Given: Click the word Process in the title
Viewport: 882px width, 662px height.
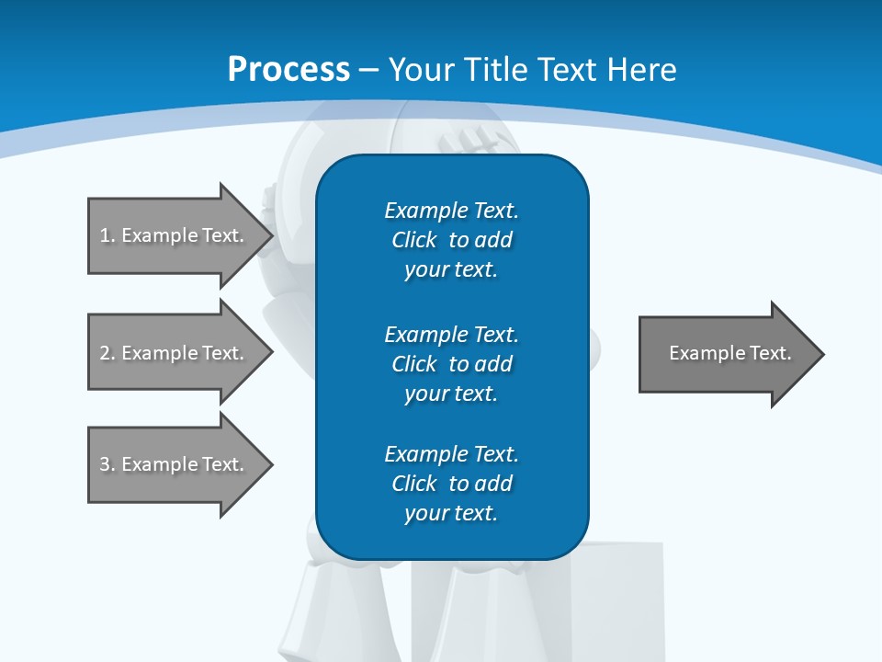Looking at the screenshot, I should click(288, 69).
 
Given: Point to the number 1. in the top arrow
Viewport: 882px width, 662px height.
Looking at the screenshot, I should click(107, 235).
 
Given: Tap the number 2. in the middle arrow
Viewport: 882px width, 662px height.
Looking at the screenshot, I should click(107, 353).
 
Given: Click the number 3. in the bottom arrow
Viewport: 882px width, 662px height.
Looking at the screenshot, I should click(107, 464).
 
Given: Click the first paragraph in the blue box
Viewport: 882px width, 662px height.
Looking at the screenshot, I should click(451, 240).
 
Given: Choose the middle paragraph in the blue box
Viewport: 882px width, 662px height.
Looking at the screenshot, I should click(451, 364).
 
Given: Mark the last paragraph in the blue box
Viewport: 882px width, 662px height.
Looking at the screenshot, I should click(451, 484).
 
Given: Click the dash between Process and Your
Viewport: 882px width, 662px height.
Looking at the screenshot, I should click(369, 70).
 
